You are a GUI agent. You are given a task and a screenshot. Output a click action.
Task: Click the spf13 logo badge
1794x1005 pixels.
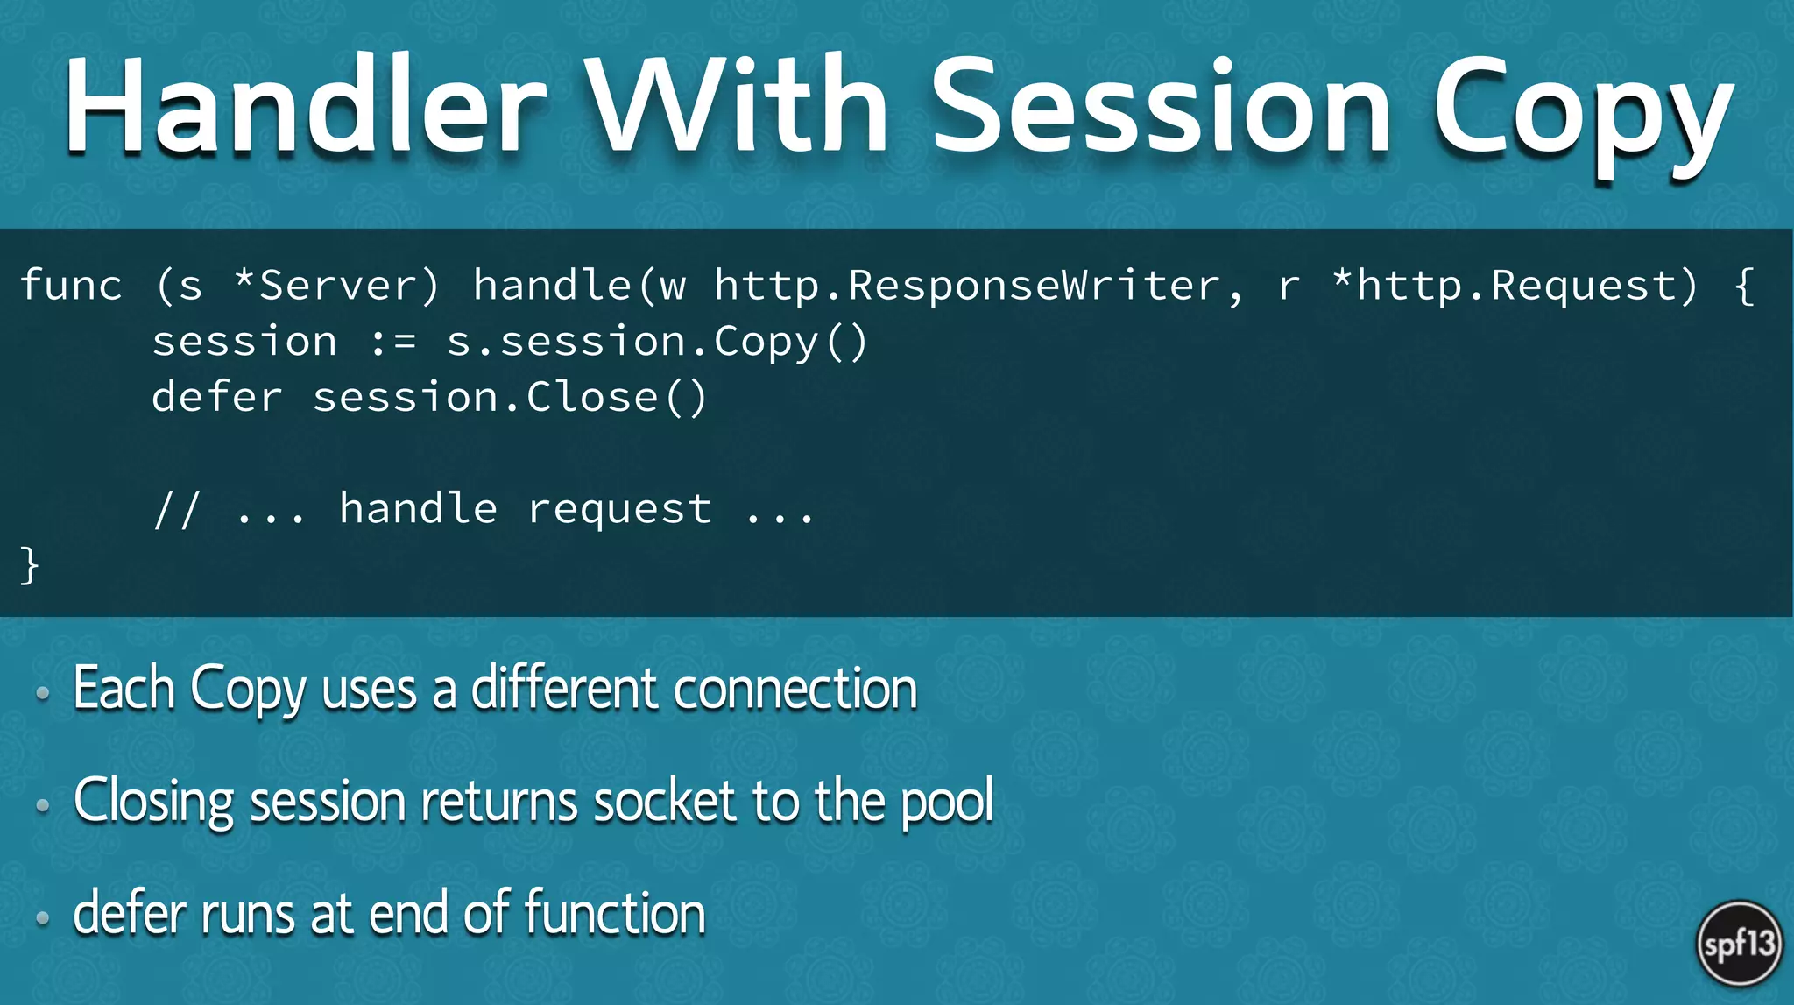1740,944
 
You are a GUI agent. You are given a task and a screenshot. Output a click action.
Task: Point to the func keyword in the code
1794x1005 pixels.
71,286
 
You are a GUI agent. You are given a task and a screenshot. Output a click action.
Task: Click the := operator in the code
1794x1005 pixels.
393,342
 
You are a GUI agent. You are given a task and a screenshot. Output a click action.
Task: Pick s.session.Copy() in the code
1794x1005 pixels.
657,342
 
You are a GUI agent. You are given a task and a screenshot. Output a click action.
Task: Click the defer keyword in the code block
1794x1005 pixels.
217,398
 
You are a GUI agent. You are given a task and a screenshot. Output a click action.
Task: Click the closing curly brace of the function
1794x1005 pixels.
30,565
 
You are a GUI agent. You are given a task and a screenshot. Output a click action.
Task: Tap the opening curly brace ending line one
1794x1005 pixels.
1744,286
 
